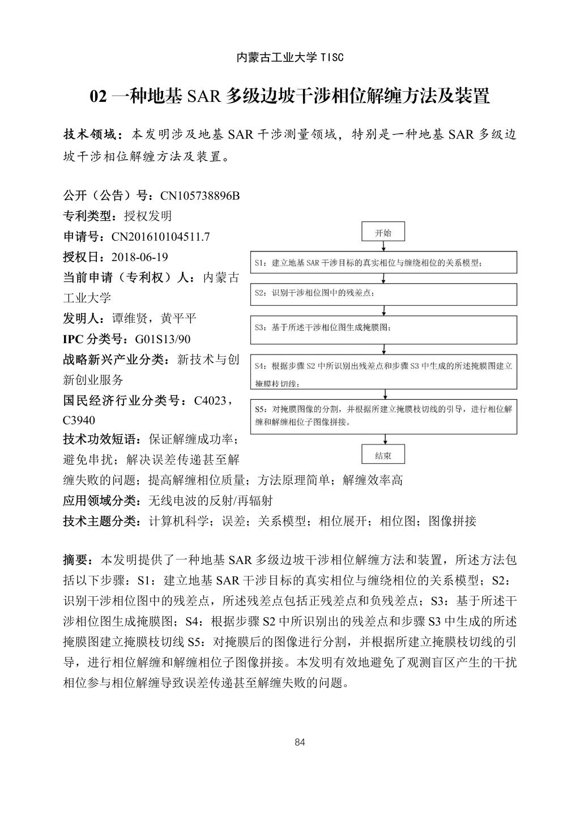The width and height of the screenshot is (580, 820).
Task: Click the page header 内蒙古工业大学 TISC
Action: point(289,58)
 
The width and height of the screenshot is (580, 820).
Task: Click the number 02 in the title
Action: point(99,97)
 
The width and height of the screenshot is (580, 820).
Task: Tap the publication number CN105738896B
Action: point(200,196)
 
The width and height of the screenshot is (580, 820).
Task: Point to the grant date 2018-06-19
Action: point(140,257)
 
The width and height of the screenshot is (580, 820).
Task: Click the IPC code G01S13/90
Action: point(163,339)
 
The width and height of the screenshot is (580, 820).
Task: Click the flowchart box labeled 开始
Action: point(383,233)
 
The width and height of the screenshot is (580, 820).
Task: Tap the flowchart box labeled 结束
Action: point(383,455)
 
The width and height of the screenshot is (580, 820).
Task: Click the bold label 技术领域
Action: point(91,135)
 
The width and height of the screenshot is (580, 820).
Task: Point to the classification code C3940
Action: point(79,420)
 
